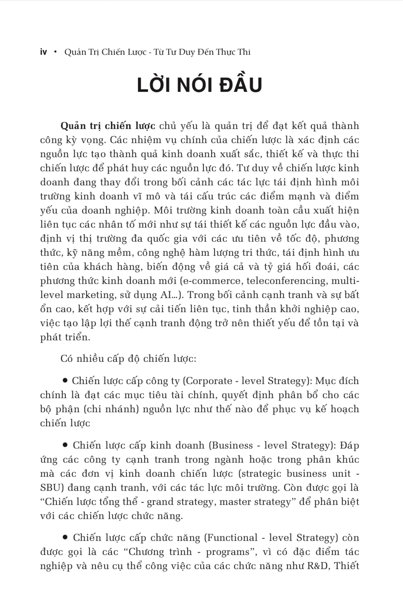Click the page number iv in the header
(x=43, y=52)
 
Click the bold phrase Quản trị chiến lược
(x=108, y=126)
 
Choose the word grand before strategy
(x=164, y=502)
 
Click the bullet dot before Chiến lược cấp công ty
(x=66, y=381)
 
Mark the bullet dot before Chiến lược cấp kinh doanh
(x=66, y=445)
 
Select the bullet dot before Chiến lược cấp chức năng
(x=66, y=537)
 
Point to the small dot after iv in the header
(x=56, y=52)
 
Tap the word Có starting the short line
(x=66, y=359)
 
